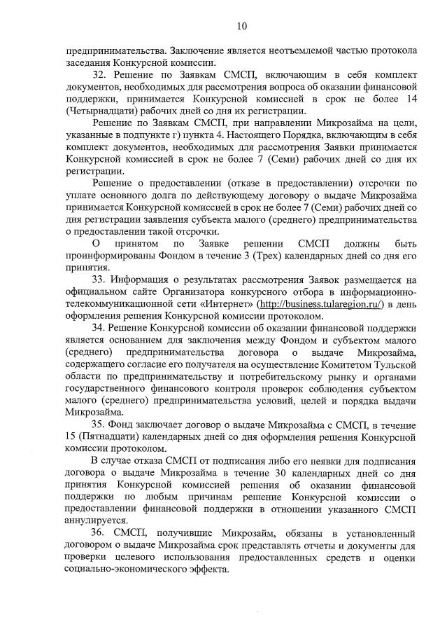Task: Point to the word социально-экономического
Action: click(x=126, y=570)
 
